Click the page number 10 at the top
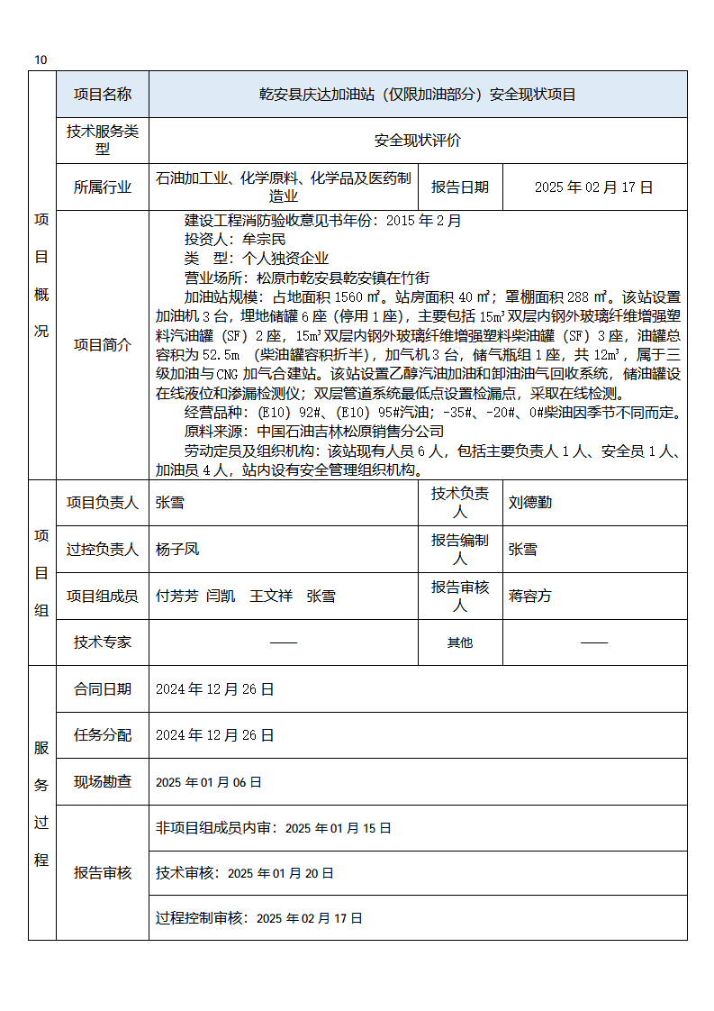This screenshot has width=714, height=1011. [x=41, y=60]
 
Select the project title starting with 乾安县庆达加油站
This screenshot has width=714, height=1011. [x=417, y=95]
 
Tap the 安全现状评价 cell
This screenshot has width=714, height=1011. [x=417, y=141]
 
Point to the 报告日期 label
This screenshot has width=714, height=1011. [x=460, y=187]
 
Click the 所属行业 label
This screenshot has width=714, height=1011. [x=103, y=187]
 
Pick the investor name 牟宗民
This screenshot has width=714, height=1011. [x=264, y=239]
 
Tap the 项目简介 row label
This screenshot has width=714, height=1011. [x=103, y=344]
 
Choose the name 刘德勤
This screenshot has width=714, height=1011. [x=529, y=503]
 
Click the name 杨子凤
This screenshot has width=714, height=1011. [x=176, y=549]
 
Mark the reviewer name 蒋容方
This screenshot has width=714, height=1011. [x=529, y=596]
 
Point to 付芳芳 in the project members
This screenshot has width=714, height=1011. [x=176, y=596]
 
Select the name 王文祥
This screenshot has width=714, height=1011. [x=271, y=596]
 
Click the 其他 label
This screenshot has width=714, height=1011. [x=460, y=642]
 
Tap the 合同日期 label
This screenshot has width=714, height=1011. [x=103, y=689]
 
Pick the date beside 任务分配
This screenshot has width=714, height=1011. [x=214, y=735]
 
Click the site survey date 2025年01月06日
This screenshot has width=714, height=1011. [x=209, y=782]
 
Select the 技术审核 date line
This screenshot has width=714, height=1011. [x=244, y=873]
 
